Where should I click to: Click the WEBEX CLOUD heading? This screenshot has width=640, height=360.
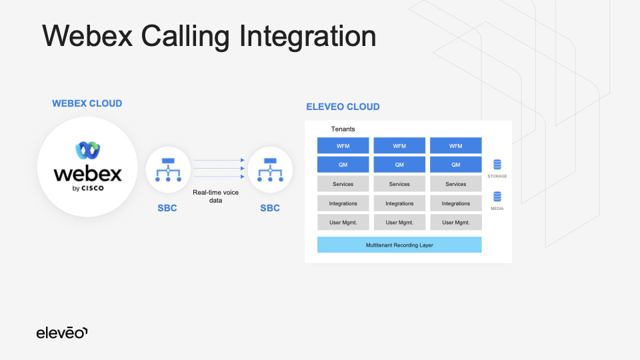[87, 103]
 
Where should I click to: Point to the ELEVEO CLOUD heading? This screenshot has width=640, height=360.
[343, 107]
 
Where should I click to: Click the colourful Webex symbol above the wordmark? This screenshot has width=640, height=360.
[87, 150]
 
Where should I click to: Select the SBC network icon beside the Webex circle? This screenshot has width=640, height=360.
[168, 170]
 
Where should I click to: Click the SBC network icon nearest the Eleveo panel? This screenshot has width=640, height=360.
[270, 170]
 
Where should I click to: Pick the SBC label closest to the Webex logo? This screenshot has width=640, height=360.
[167, 208]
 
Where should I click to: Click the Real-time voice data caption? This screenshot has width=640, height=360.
[215, 196]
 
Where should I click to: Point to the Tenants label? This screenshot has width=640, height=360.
[343, 129]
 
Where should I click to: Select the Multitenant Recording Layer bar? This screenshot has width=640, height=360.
[399, 245]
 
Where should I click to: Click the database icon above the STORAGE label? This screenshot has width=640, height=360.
[497, 165]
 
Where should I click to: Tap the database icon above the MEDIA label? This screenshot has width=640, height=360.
[497, 197]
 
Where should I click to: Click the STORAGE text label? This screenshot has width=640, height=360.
[497, 177]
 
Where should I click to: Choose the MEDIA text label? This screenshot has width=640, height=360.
[497, 209]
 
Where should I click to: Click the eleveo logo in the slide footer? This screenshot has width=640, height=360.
[62, 332]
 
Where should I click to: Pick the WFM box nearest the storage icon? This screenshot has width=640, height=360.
[456, 146]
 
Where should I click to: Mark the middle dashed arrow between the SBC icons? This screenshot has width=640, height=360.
[218, 169]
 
